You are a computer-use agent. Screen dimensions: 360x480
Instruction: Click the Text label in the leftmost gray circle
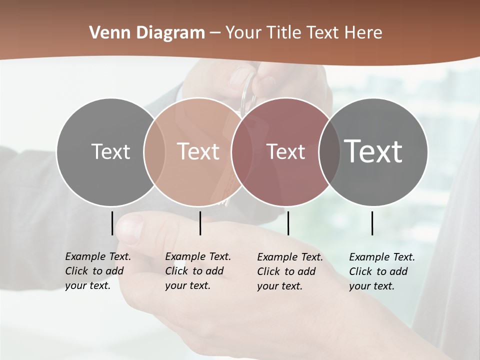click(110, 151)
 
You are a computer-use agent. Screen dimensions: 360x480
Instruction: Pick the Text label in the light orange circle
click(198, 151)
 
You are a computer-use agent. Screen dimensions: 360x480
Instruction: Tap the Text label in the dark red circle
click(285, 151)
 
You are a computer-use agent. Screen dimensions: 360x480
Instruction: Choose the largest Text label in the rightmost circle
click(373, 151)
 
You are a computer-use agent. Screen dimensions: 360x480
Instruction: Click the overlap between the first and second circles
click(154, 151)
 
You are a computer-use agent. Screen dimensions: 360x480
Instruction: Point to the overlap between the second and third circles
click(242, 151)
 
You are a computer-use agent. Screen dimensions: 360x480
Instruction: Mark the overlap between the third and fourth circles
click(329, 151)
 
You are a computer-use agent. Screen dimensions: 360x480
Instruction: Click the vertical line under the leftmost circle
click(112, 223)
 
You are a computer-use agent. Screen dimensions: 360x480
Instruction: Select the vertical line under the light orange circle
click(200, 223)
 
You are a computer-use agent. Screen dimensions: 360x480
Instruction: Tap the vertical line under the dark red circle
click(288, 223)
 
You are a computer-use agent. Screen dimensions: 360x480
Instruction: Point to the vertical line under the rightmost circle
click(372, 223)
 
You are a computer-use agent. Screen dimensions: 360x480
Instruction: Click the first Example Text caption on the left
click(98, 271)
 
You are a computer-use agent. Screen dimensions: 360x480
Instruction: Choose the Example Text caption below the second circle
click(198, 271)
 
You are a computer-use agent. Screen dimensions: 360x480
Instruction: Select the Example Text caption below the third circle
click(290, 271)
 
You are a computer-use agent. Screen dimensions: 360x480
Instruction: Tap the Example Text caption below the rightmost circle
click(382, 271)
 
